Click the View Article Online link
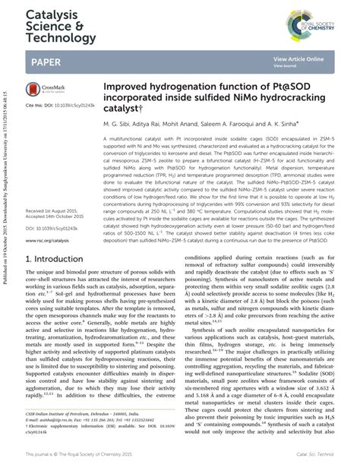(298, 58)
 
